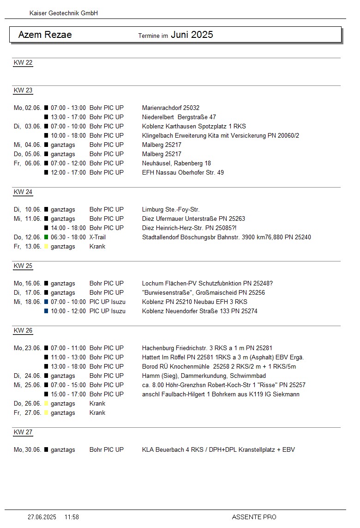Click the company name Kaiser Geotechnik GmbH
64,13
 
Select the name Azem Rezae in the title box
45,35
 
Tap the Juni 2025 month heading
192,35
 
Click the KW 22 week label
23,63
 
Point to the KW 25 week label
23,266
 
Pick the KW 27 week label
23,432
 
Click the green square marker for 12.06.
46,237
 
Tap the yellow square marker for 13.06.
46,247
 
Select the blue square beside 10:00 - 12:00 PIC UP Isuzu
46,311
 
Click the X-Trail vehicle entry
97,237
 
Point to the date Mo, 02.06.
27,108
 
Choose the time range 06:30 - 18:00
68,237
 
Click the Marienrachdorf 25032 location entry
171,108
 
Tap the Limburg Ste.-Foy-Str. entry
171,210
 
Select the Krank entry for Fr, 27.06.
97,413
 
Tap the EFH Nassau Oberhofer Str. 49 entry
183,173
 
